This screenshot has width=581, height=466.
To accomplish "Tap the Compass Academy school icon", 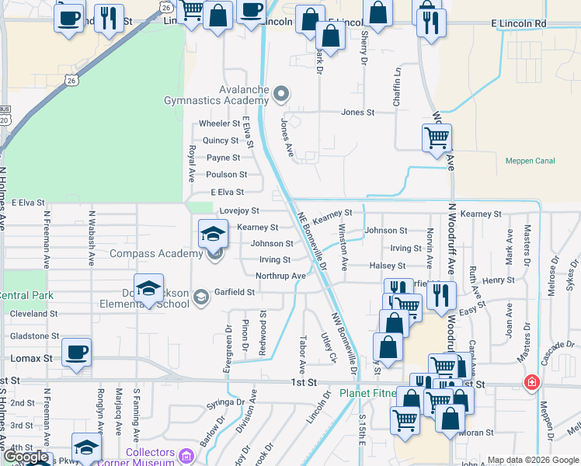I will [211, 233].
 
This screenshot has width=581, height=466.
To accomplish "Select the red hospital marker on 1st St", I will [531, 382].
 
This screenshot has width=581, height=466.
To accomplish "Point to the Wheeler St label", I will [219, 123].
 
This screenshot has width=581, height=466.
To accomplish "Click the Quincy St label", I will [221, 141].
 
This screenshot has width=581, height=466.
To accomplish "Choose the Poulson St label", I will [227, 175].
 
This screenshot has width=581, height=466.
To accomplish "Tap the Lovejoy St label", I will [238, 210].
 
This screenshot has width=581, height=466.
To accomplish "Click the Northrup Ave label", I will [280, 276].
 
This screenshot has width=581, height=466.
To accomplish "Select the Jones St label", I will [358, 113].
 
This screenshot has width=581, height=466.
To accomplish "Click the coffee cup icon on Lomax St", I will [77, 352].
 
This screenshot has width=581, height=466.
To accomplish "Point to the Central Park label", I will [26, 296].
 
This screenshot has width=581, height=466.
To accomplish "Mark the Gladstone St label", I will [33, 336].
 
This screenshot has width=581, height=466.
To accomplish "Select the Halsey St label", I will [382, 266].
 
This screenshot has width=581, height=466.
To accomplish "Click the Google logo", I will [26, 457].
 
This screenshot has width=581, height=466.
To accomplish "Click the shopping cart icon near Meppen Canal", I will [437, 138].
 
